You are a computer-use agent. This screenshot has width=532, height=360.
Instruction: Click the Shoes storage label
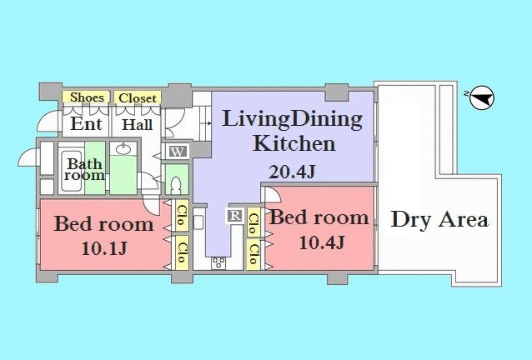pyautogui.click(x=87, y=97)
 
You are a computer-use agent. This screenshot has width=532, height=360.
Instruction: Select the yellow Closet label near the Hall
pyautogui.click(x=137, y=97)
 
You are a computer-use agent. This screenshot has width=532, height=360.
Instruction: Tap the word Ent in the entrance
pyautogui.click(x=87, y=124)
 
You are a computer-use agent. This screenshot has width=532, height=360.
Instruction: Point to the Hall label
pyautogui.click(x=138, y=125)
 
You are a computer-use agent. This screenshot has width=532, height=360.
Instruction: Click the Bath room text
pyautogui.click(x=85, y=169)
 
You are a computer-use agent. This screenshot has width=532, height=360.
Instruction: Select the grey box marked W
pyautogui.click(x=178, y=152)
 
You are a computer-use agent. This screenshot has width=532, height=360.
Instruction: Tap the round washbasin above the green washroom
pyautogui.click(x=124, y=150)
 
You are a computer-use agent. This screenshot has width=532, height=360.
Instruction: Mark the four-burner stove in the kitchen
pyautogui.click(x=218, y=262)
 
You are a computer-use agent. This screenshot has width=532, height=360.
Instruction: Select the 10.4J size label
pyautogui.click(x=319, y=242)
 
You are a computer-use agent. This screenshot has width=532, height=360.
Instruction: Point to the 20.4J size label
pyautogui.click(x=292, y=172)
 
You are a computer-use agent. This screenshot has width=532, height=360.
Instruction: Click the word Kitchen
pyautogui.click(x=294, y=143)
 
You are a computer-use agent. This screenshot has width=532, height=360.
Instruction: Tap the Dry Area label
pyautogui.click(x=439, y=220)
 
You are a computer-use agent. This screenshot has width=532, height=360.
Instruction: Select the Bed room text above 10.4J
pyautogui.click(x=319, y=218)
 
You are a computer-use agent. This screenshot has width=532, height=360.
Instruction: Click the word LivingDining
pyautogui.click(x=292, y=119)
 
